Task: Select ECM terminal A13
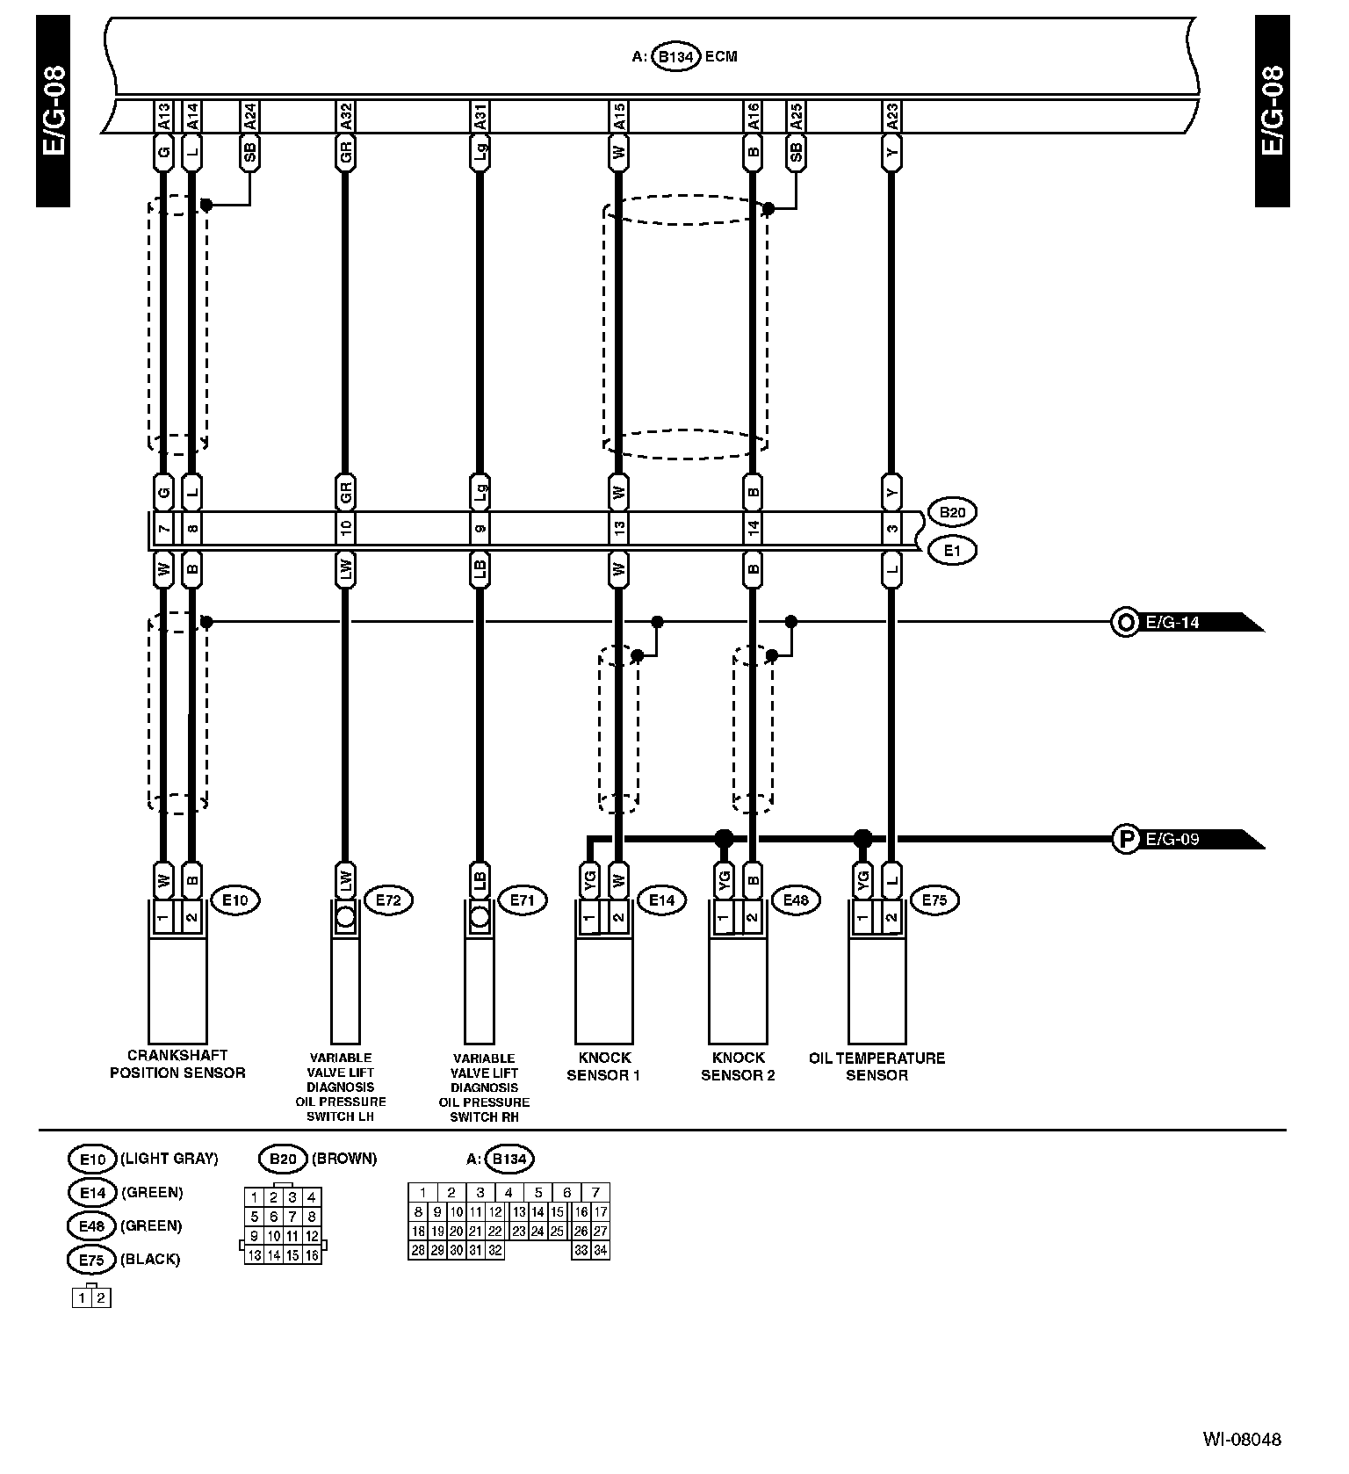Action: point(163,115)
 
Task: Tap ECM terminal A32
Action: point(345,115)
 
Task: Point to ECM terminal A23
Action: point(891,115)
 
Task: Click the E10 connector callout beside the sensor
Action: point(235,900)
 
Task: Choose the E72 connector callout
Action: point(388,900)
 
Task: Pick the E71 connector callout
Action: point(522,900)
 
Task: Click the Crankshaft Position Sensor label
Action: point(177,1064)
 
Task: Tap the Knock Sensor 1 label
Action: point(603,1066)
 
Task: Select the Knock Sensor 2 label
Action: point(738,1066)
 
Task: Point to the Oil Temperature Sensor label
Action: point(876,1066)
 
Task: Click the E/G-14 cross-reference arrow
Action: point(1190,623)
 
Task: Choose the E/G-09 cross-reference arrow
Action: point(1190,839)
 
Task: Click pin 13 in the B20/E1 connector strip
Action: point(619,529)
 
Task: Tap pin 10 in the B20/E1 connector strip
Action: point(345,529)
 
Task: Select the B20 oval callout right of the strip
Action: point(951,512)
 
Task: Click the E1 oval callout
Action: point(951,551)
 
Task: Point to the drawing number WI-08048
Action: point(1242,1440)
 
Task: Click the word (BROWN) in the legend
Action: point(343,1159)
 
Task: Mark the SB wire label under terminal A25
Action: point(796,153)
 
